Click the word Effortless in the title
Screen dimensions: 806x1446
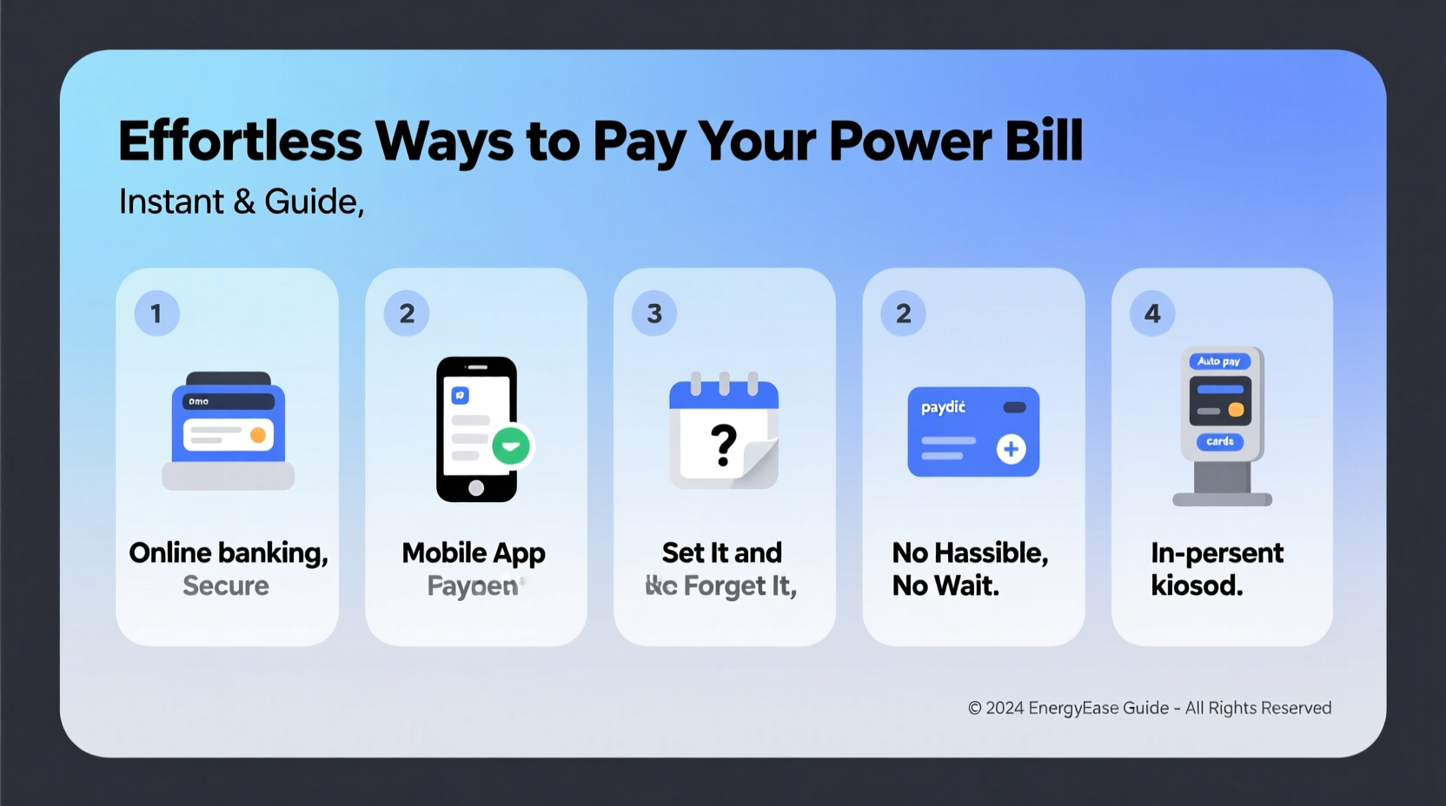point(240,141)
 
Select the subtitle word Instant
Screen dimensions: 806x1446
point(171,201)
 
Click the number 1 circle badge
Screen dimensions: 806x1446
point(156,314)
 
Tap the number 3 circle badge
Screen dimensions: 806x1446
point(654,314)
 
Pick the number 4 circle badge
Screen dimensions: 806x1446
point(1152,314)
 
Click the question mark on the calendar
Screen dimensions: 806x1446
point(723,445)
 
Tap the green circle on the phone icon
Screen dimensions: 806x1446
point(511,446)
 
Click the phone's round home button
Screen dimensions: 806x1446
point(476,487)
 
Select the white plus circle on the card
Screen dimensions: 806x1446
point(1011,449)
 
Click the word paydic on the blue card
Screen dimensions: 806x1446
point(943,407)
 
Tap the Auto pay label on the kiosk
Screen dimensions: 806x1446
point(1218,361)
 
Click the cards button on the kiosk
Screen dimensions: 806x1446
point(1219,441)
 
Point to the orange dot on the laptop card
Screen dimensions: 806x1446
point(258,435)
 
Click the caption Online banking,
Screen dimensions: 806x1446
point(229,552)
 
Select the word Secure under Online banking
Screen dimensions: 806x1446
point(226,586)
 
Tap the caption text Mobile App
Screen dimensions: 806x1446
point(474,552)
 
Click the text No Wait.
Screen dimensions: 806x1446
point(945,586)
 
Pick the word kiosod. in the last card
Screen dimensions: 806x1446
point(1197,586)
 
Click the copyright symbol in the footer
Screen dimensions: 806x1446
point(975,709)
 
